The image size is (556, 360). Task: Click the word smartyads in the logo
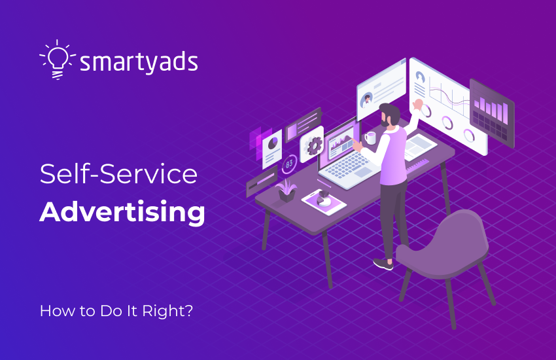click(x=138, y=63)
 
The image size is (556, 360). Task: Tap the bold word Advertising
click(x=122, y=213)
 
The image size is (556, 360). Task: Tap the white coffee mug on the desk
click(x=370, y=138)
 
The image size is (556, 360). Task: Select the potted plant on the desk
click(x=286, y=189)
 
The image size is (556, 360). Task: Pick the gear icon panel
click(x=313, y=145)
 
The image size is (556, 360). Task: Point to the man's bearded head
click(x=390, y=116)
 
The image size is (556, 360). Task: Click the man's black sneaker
click(x=383, y=264)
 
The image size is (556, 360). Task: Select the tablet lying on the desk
click(x=323, y=202)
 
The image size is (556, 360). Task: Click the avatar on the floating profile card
click(x=368, y=99)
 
